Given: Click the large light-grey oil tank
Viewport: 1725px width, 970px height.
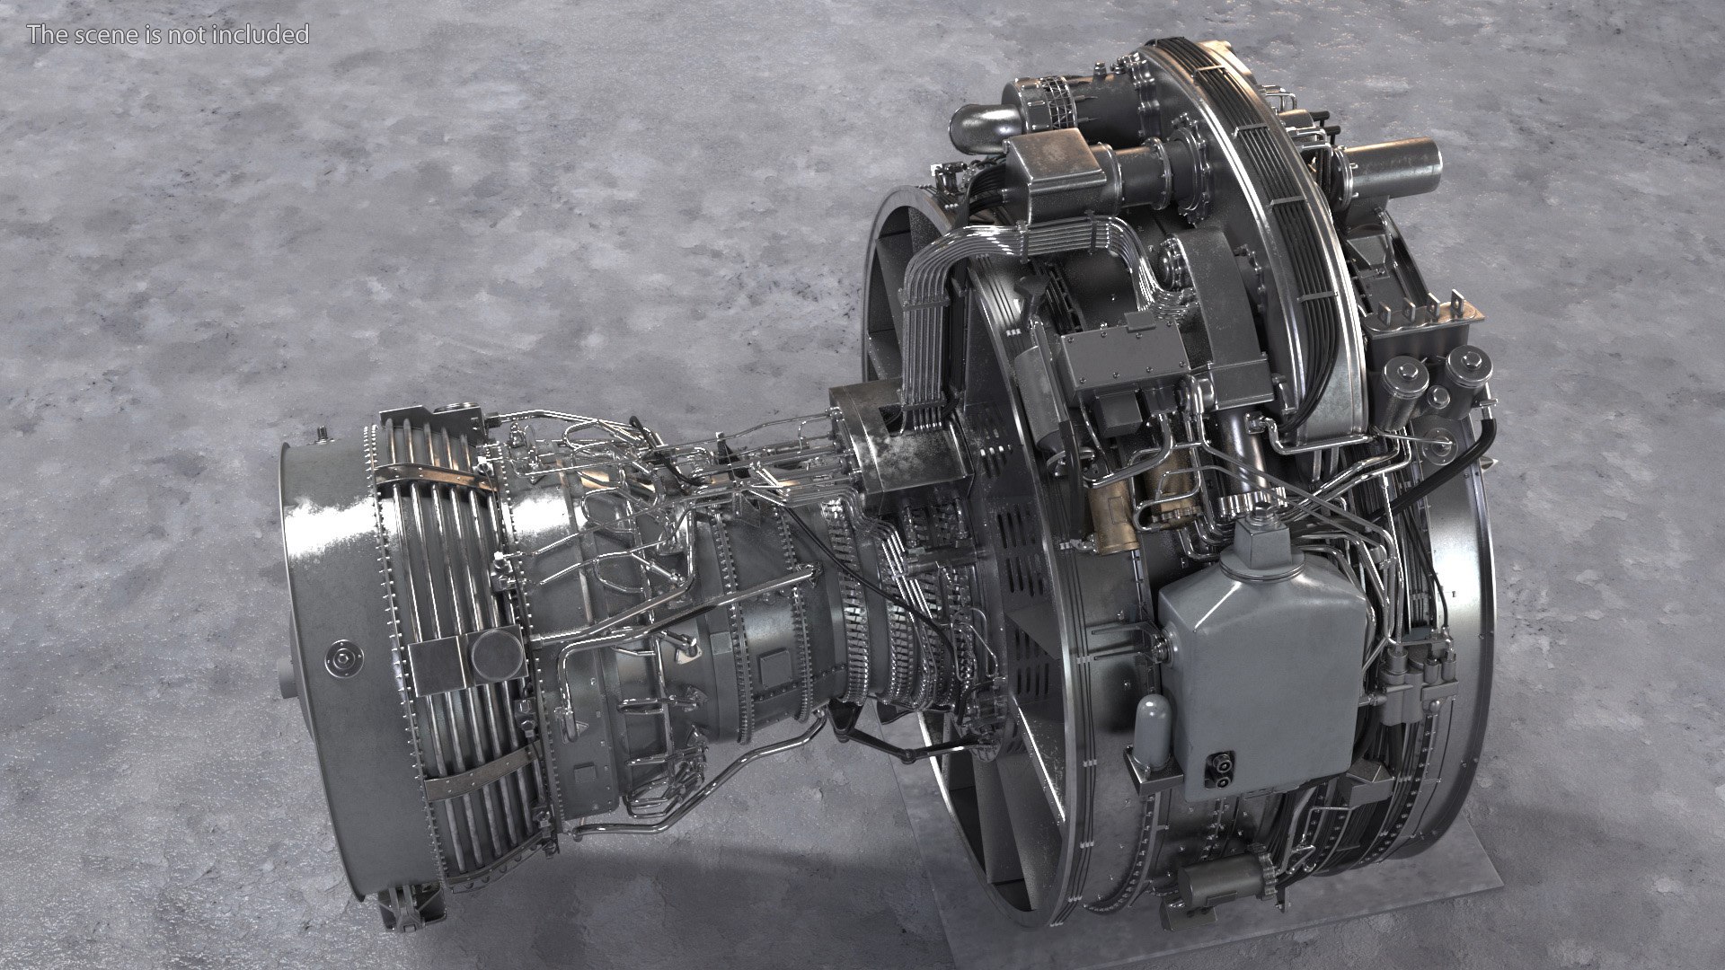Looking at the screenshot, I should point(1258,656).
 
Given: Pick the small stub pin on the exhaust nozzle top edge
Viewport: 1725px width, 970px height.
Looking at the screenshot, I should point(322,436).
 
